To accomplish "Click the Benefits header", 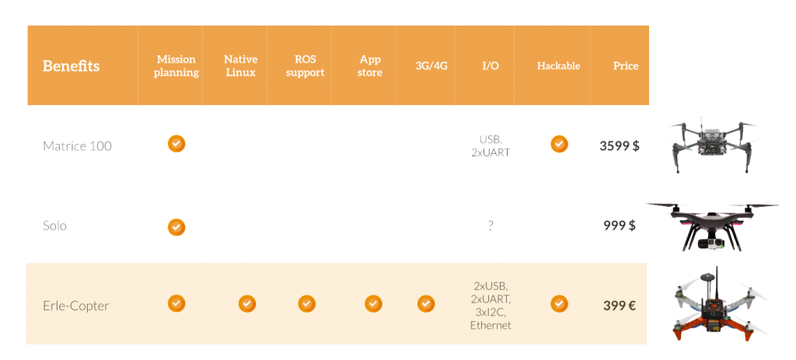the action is point(71,66).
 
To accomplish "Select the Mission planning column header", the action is point(176,66).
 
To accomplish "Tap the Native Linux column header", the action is point(240,66).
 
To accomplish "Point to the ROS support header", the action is point(305,66).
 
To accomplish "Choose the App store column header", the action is point(370,66).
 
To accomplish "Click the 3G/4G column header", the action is point(431,66).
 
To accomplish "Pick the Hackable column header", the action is point(558,66).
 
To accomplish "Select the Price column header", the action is point(625,66).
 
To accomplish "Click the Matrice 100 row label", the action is point(77,146).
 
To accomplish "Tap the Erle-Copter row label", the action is point(76,306).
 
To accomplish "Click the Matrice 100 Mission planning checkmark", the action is point(176,144).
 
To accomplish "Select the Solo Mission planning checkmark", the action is point(177,227).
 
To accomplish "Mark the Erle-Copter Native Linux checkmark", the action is point(246,303).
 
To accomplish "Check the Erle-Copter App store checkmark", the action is point(373,303).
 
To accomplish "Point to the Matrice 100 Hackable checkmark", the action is point(559,144).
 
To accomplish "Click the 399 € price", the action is point(620,306).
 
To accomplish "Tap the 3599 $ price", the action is point(619,145).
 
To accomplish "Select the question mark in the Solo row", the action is point(491,225).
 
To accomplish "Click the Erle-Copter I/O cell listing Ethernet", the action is point(491,306).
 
